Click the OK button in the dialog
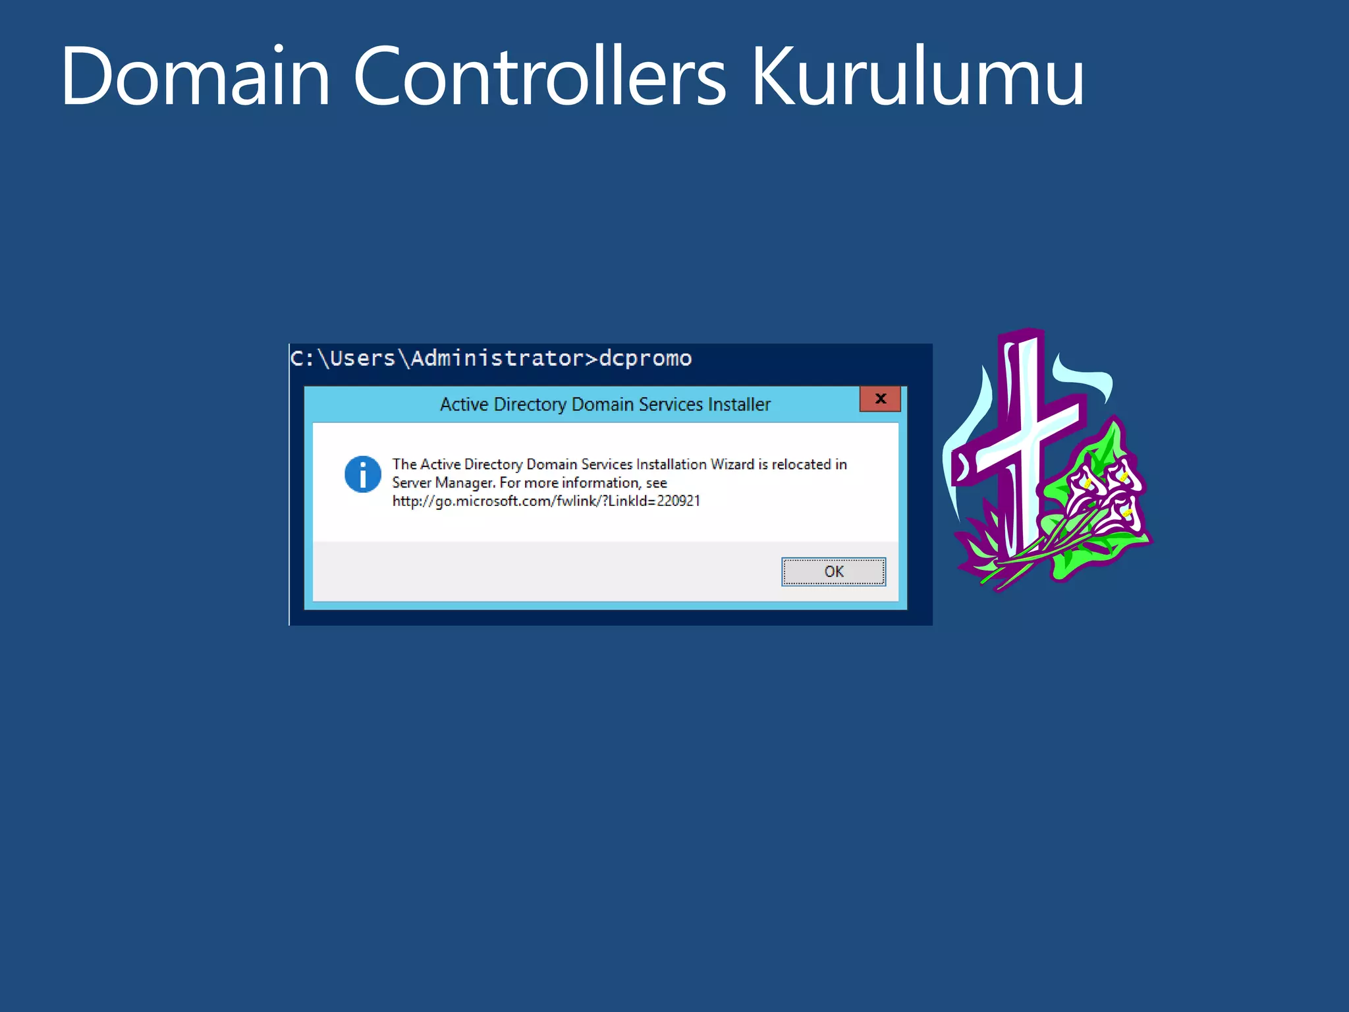tap(833, 571)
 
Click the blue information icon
tap(362, 474)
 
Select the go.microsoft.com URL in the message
tap(545, 501)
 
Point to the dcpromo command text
tap(645, 358)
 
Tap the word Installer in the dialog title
tap(738, 404)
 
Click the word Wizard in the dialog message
tap(732, 464)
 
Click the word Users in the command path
tap(362, 358)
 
